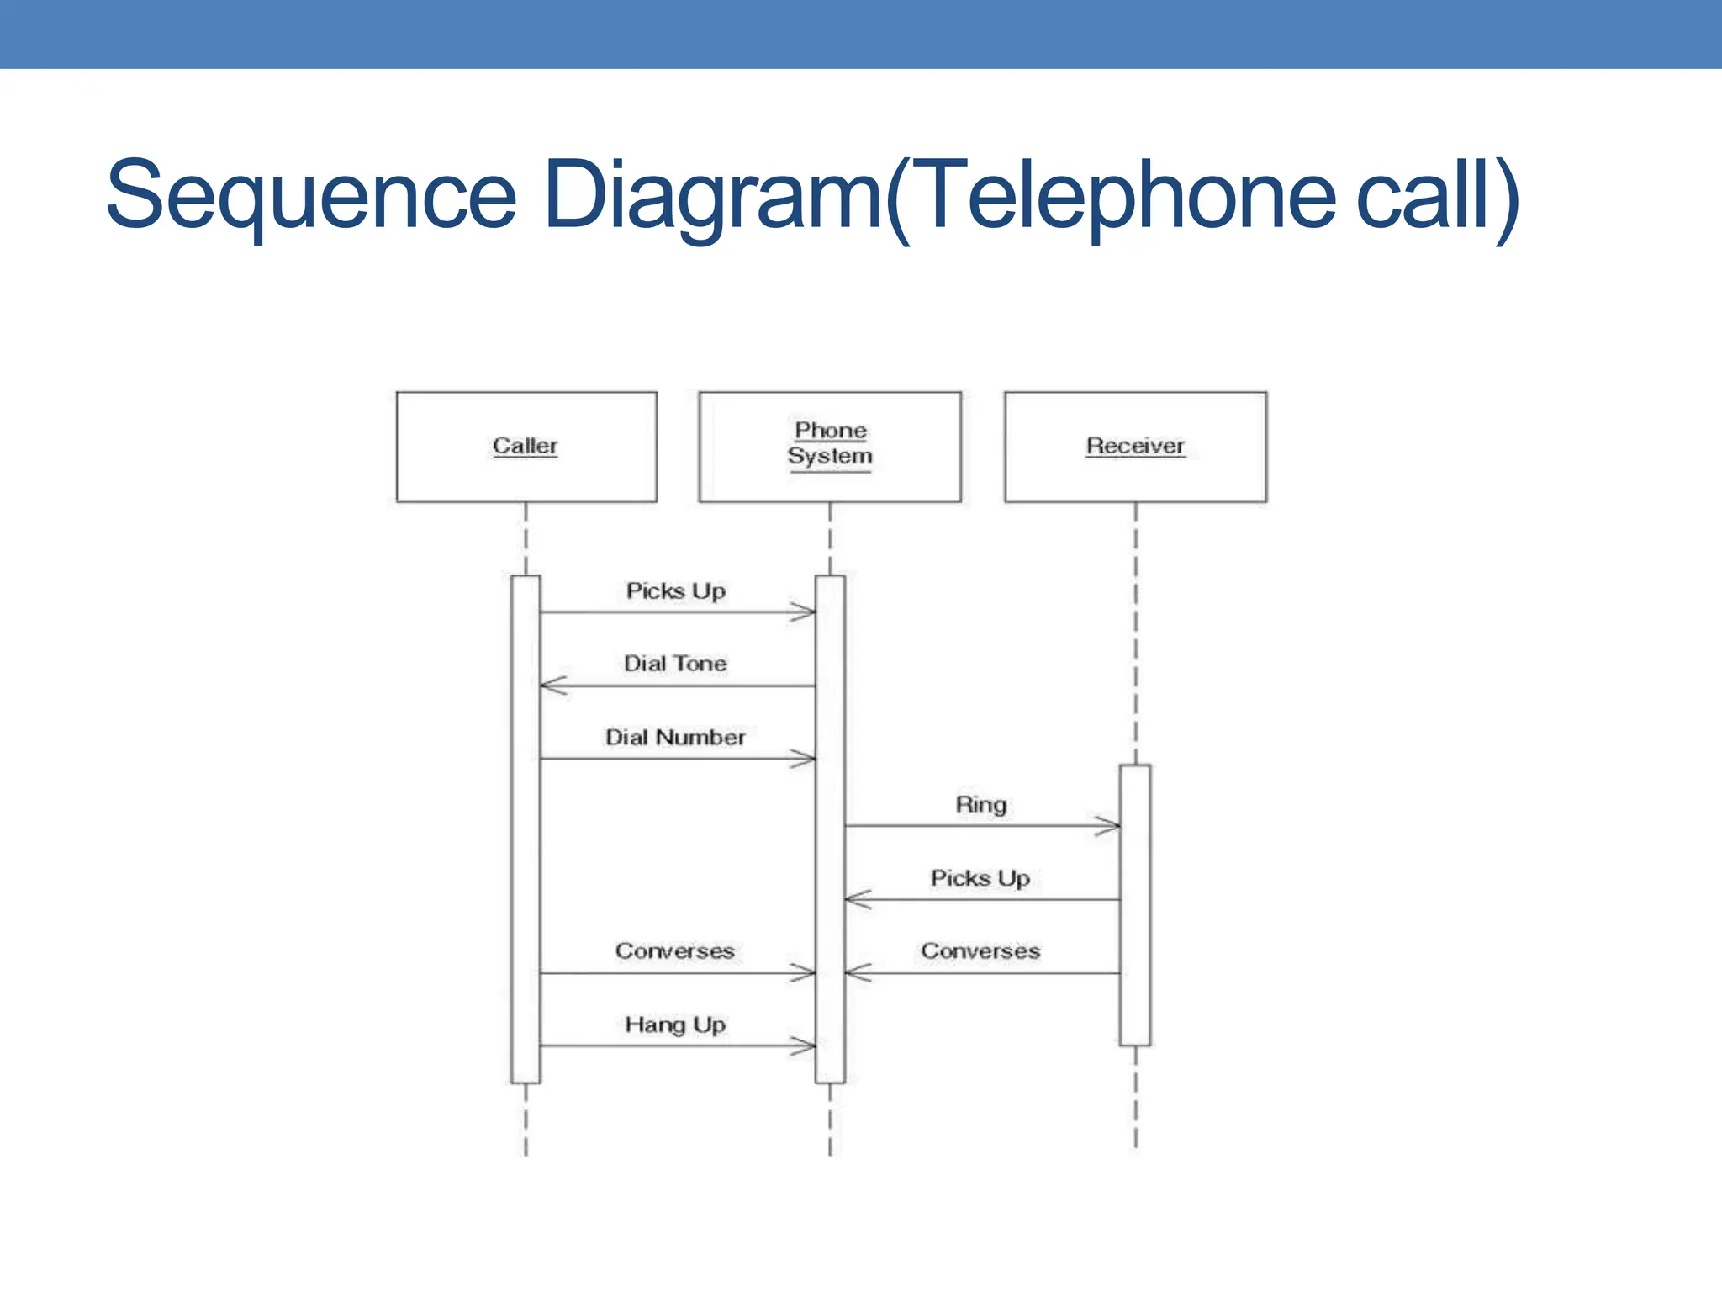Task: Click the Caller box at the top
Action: click(x=526, y=447)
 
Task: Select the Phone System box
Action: click(x=830, y=447)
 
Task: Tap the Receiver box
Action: click(x=1135, y=447)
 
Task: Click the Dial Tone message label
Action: click(x=675, y=664)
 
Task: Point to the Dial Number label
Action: click(x=675, y=738)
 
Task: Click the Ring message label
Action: click(x=980, y=805)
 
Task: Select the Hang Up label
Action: click(x=675, y=1025)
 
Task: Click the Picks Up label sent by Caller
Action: click(x=675, y=591)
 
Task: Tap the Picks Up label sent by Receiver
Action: click(x=980, y=878)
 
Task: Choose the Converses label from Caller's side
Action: click(x=675, y=951)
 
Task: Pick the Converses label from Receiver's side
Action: click(x=980, y=951)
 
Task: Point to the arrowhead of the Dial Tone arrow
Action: click(x=552, y=686)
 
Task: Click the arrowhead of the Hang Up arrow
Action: click(x=805, y=1046)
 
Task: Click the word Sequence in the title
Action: click(x=311, y=197)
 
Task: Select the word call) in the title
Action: click(x=1438, y=197)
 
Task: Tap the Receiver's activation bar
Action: click(x=1135, y=905)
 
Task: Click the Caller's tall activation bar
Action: click(x=526, y=829)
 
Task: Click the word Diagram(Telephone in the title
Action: click(x=938, y=197)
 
